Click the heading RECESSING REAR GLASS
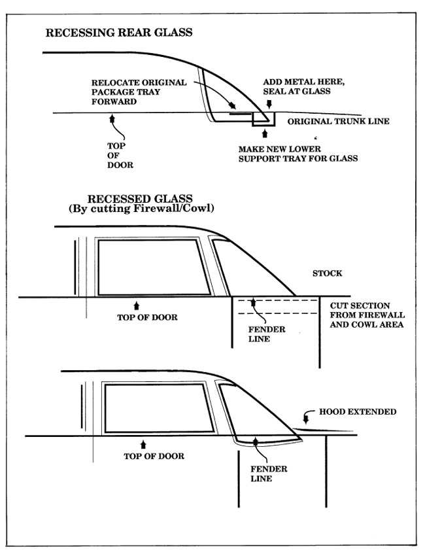coord(118,32)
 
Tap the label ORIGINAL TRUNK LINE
coord(339,122)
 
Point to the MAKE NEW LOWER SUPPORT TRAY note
coord(298,153)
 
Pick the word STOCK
coord(328,273)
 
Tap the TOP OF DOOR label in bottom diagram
coord(154,456)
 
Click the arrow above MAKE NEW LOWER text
coord(264,133)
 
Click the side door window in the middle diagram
coord(153,267)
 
